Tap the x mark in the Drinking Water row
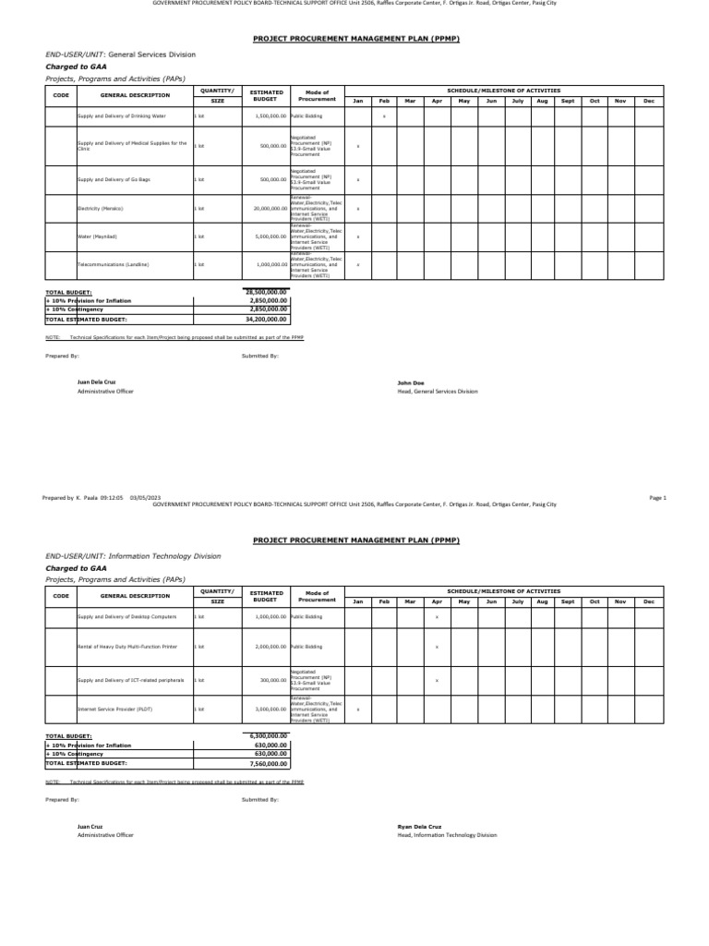(x=384, y=117)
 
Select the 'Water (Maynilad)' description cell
(x=97, y=236)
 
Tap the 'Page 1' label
(x=657, y=498)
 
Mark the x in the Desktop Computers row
(x=437, y=616)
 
